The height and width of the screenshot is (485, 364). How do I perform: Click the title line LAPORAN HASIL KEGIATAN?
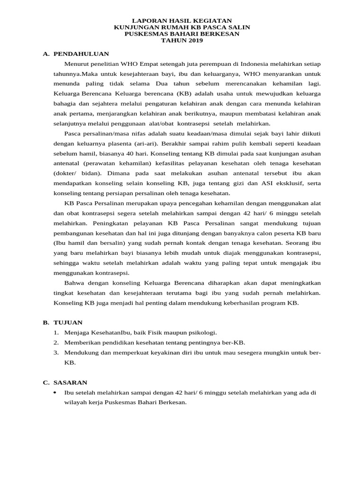click(182, 21)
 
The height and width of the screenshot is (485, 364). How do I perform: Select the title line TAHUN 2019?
click(182, 41)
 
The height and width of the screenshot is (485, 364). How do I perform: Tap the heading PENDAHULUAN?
click(81, 54)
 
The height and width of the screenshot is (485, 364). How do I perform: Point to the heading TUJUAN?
click(68, 322)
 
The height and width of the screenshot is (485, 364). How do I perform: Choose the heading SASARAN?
click(70, 382)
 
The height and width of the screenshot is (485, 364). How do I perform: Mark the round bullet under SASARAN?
click(55, 393)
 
